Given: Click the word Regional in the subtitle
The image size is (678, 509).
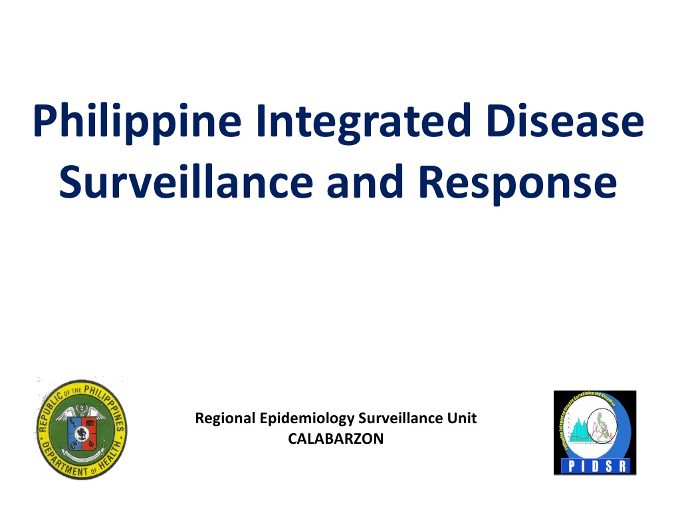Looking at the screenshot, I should (225, 419).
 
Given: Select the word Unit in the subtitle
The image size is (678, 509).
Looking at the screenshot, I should (464, 419).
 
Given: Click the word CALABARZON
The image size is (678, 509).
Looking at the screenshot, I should (336, 438).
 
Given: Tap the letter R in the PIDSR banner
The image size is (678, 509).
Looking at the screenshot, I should (624, 466).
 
